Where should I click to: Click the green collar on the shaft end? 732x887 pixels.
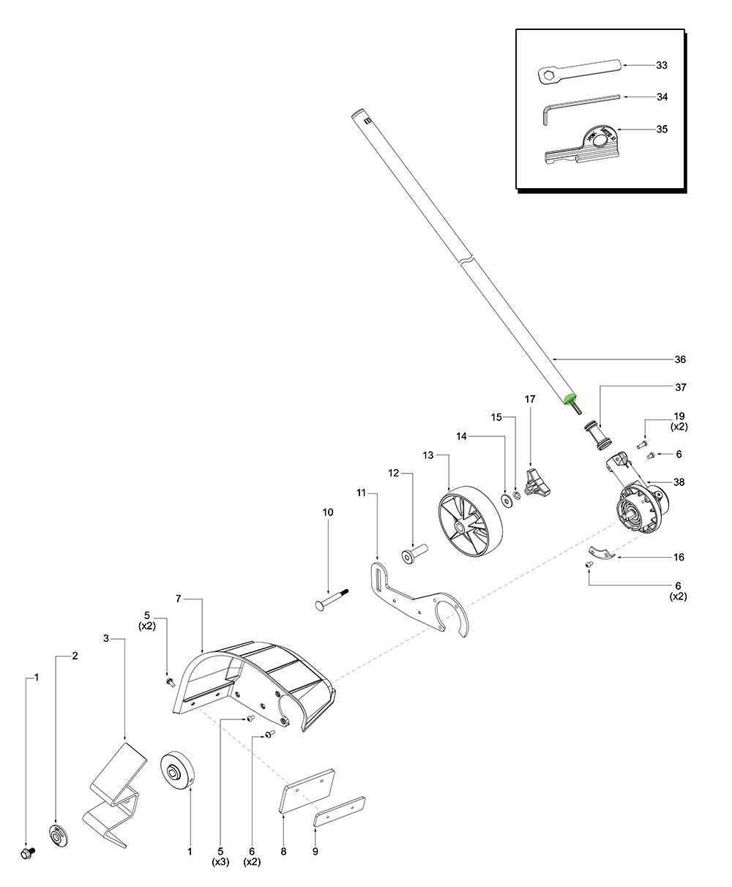569,398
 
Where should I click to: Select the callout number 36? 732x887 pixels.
680,359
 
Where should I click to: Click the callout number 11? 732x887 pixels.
361,493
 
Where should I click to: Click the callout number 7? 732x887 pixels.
178,599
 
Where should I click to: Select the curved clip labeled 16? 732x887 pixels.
602,553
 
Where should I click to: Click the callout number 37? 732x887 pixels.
680,386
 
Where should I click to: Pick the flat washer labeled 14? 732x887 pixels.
506,500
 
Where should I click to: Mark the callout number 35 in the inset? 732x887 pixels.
662,129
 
